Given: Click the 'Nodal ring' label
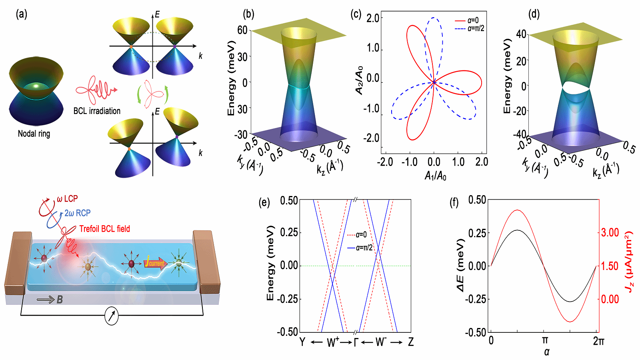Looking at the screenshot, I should [34, 134].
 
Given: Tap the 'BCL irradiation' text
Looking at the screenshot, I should [97, 111].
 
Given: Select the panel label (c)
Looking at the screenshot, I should [356, 14].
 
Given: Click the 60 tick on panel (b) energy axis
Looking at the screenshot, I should [242, 30].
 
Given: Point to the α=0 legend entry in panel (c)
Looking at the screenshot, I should [467, 20].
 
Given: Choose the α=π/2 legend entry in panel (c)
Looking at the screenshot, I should [470, 28].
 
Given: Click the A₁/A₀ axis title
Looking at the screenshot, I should [435, 175].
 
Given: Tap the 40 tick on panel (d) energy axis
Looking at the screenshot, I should [521, 34].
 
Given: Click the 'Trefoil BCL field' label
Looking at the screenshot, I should [104, 229].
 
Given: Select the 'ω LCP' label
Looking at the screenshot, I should [67, 199].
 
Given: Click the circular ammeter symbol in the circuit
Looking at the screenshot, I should [112, 316].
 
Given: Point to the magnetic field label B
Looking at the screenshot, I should [60, 299].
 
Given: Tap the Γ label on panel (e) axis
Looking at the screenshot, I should [356, 342].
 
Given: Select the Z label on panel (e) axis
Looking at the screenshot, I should [410, 342].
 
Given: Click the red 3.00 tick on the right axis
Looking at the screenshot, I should [610, 233].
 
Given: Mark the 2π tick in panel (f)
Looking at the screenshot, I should [598, 341].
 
